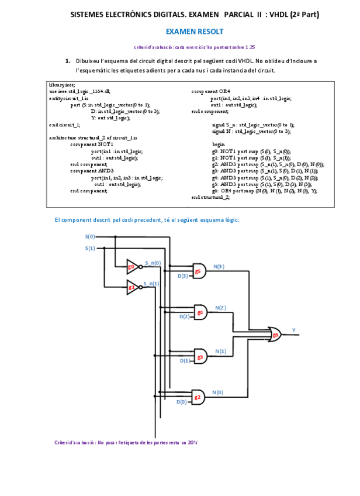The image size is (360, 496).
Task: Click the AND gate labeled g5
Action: [198, 271]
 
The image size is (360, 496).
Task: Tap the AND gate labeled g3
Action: [200, 356]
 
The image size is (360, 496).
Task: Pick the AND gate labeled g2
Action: [198, 398]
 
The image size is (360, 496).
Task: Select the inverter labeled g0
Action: [133, 267]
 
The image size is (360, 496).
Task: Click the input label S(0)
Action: [90, 237]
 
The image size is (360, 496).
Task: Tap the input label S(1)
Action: [90, 248]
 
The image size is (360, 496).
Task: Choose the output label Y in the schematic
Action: [293, 330]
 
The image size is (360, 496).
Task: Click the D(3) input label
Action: [182, 275]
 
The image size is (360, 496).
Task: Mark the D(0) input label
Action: [182, 402]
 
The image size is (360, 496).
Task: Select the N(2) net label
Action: [220, 308]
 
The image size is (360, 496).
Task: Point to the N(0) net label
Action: [217, 392]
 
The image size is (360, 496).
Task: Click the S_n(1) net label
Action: [151, 283]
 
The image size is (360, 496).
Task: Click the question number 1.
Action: [68, 60]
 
